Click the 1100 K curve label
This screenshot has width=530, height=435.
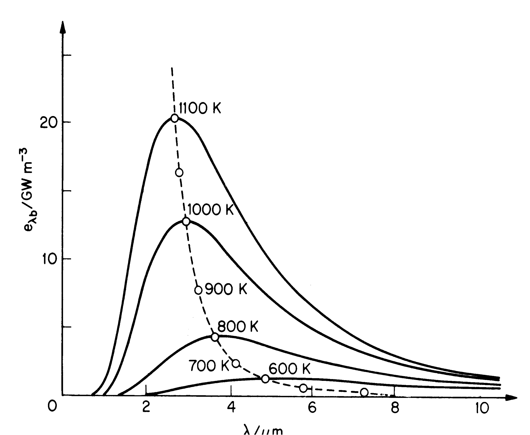pyautogui.click(x=200, y=108)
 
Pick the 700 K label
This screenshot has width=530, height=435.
pyautogui.click(x=209, y=365)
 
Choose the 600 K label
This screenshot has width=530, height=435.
pyautogui.click(x=289, y=369)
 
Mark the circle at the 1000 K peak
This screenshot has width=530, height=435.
pyautogui.click(x=186, y=221)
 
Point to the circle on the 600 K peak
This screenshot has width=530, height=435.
pyautogui.click(x=265, y=379)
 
